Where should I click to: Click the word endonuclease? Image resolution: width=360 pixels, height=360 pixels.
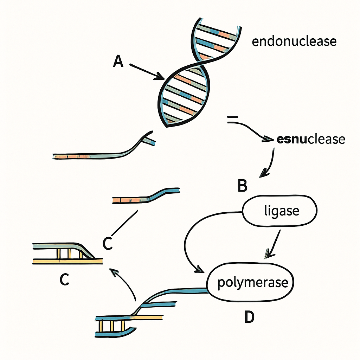(x=294, y=41)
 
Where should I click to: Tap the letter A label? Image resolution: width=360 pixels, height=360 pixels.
(x=118, y=61)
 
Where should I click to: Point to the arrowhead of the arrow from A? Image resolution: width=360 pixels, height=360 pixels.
(x=160, y=76)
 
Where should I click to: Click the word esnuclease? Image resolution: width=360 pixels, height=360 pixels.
(x=311, y=139)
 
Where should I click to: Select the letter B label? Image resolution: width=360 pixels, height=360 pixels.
(x=243, y=186)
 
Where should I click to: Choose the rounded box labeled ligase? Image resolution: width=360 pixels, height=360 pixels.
(x=279, y=211)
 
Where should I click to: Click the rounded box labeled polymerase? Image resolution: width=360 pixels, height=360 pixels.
(x=250, y=282)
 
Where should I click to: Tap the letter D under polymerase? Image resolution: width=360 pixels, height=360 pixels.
(x=250, y=317)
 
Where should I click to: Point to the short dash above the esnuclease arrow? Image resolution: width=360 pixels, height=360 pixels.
(x=232, y=117)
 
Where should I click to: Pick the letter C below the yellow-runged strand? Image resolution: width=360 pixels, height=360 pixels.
(x=65, y=279)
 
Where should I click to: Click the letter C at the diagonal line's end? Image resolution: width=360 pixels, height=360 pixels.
(x=108, y=243)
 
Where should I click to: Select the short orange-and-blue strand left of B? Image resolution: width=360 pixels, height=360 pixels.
(x=146, y=195)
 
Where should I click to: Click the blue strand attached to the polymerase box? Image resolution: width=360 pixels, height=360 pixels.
(x=174, y=293)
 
